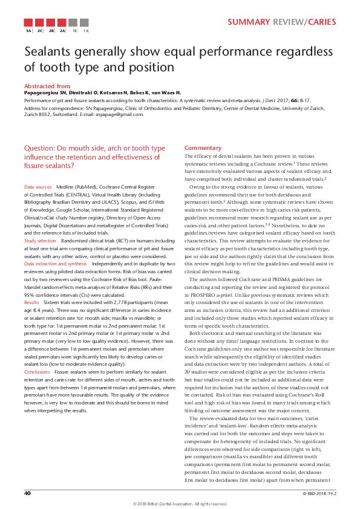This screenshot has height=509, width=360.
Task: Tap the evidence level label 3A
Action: coord(28,30)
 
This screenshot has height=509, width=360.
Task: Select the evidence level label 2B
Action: coord(51,30)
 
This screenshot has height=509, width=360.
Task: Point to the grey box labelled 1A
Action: coord(85,30)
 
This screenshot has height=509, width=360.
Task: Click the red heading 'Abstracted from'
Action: coord(47,86)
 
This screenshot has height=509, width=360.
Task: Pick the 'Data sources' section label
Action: coord(38,188)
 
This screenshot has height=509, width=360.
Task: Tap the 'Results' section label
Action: coord(31,300)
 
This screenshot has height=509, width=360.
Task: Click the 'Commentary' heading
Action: coord(203,148)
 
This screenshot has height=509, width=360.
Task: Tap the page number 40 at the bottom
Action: coord(27,493)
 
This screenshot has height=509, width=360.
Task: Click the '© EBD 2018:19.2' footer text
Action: coord(319,493)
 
